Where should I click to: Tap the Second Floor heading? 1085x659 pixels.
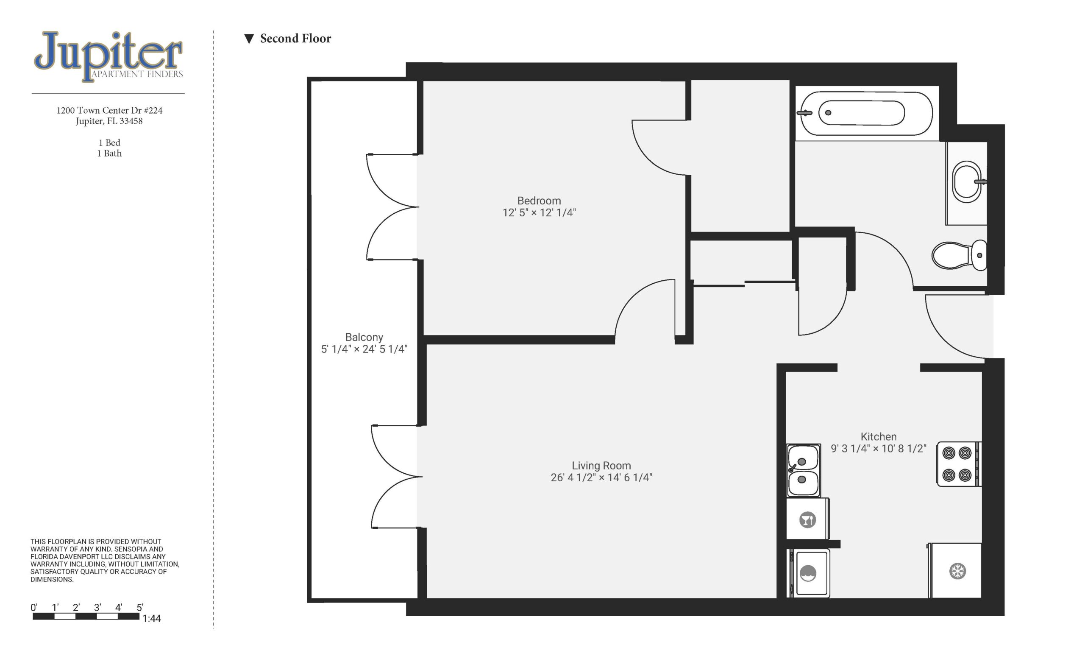(x=295, y=39)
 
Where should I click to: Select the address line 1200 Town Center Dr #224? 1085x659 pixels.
(x=109, y=110)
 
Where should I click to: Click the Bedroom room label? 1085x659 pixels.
(x=539, y=201)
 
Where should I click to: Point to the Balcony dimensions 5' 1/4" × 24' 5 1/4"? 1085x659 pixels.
(x=364, y=349)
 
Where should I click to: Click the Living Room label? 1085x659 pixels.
(x=601, y=466)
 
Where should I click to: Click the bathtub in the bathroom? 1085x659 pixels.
(x=865, y=113)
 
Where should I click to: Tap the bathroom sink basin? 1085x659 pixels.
(x=967, y=182)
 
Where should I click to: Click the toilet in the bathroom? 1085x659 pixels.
(x=959, y=255)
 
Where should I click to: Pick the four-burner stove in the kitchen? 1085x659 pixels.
(x=958, y=464)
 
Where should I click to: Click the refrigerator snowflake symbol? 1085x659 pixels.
(x=957, y=571)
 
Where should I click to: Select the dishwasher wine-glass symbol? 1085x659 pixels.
(x=807, y=520)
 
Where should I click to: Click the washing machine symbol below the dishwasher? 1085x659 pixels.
(x=808, y=573)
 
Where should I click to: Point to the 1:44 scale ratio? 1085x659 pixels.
(x=151, y=618)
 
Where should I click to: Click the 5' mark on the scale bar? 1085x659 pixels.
(x=139, y=607)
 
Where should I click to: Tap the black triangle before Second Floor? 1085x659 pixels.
(x=249, y=39)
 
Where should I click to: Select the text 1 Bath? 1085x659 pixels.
(x=109, y=153)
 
